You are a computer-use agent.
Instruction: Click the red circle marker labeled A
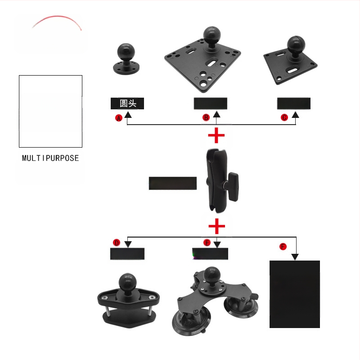(119, 118)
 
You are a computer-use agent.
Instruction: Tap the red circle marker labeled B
(206, 117)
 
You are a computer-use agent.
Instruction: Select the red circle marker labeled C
(284, 117)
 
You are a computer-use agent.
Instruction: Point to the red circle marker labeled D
(117, 243)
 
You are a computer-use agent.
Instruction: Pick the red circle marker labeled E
(207, 243)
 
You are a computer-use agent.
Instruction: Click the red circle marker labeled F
(283, 247)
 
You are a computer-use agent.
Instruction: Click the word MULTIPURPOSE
(50, 158)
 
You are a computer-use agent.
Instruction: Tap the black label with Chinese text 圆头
(127, 103)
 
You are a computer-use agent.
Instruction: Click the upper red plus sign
(216, 135)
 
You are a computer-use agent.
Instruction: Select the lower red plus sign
(216, 225)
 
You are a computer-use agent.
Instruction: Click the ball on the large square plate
(210, 34)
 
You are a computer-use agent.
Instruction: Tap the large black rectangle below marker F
(294, 294)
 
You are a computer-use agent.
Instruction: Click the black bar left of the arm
(173, 183)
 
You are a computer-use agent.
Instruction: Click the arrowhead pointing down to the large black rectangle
(295, 257)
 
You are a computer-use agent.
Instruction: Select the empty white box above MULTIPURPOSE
(50, 111)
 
